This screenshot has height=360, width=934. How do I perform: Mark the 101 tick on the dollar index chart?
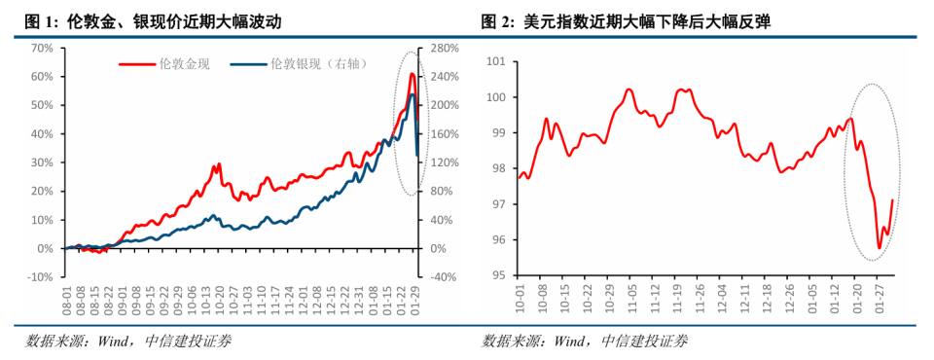point(496,62)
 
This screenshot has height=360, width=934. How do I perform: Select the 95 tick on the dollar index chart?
point(499,275)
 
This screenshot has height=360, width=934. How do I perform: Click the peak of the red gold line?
point(412,74)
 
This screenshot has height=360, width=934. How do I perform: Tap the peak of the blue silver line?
point(413,94)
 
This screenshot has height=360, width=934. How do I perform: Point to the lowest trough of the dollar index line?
point(880,247)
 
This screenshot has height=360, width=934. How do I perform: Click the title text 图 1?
point(40,21)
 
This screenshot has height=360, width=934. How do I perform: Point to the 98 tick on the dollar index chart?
point(499,169)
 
